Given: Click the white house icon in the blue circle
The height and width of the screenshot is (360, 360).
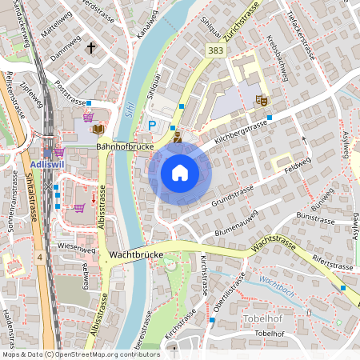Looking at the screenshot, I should pyautogui.click(x=180, y=173).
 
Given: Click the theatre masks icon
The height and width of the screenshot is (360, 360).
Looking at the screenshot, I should pyautogui.click(x=260, y=100).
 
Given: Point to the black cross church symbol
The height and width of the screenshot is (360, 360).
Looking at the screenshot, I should pyautogui.click(x=91, y=48).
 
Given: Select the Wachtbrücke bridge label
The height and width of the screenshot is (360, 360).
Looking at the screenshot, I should pyautogui.click(x=136, y=254).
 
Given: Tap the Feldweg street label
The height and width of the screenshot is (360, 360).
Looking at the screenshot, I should pyautogui.click(x=297, y=163).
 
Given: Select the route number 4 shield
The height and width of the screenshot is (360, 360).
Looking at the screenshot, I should pyautogui.click(x=39, y=257).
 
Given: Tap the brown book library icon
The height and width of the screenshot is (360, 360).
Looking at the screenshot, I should pyautogui.click(x=98, y=128).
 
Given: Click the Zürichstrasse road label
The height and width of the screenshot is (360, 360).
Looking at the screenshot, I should pyautogui.click(x=245, y=32).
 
